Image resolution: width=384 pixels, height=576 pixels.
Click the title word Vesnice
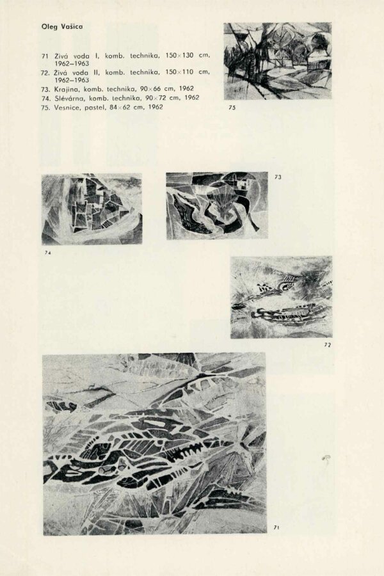pyautogui.click(x=67, y=107)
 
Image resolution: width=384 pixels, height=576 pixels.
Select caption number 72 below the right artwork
pyautogui.click(x=327, y=345)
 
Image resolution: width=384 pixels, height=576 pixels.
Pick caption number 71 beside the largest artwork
pyautogui.click(x=276, y=527)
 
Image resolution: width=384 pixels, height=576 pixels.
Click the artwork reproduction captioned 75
pyautogui.click(x=277, y=61)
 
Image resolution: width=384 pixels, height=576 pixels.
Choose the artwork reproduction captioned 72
pyautogui.click(x=281, y=297)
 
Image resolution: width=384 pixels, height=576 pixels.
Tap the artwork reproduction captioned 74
pyautogui.click(x=92, y=209)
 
